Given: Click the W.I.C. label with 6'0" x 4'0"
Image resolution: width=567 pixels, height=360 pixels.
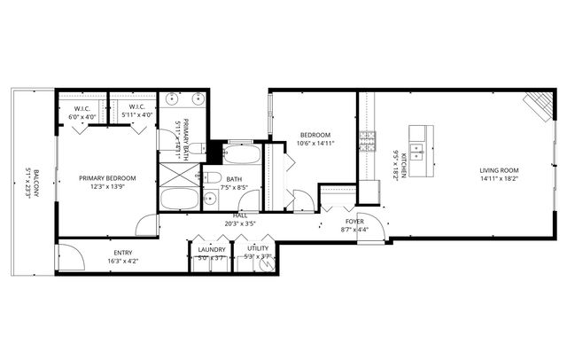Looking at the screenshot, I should (x=82, y=107).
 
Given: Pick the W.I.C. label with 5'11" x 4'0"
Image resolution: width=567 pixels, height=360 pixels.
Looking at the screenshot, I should (x=136, y=107).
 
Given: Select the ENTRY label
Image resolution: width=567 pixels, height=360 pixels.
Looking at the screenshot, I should (x=123, y=252).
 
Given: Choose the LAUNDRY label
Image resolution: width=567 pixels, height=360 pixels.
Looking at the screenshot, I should (x=212, y=249).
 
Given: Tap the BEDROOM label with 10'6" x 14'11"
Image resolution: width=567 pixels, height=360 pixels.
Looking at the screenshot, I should (x=314, y=135).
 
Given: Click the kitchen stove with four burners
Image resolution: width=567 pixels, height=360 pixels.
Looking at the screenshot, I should (x=367, y=140).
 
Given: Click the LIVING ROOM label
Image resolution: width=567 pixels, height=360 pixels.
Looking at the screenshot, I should (x=499, y=170).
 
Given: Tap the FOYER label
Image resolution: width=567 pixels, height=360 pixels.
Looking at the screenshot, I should (x=354, y=222).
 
